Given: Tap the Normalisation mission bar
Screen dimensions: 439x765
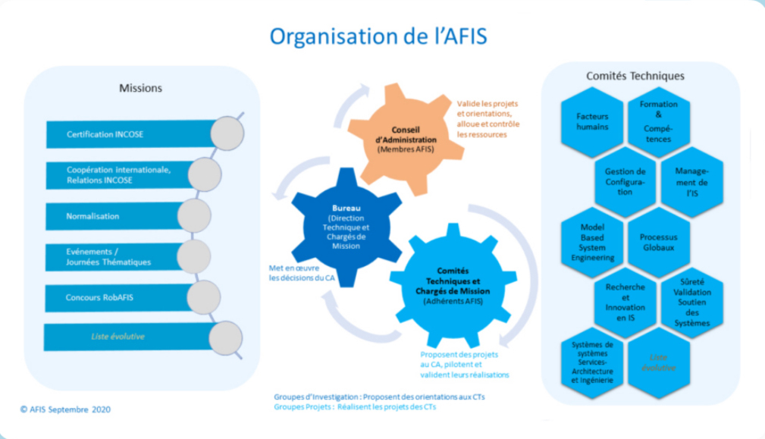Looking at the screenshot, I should click(x=114, y=216).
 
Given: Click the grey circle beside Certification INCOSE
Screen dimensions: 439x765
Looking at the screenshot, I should click(x=226, y=133).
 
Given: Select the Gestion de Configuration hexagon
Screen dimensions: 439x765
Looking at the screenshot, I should click(x=625, y=181).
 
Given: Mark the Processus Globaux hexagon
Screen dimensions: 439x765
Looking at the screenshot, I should click(x=658, y=241).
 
